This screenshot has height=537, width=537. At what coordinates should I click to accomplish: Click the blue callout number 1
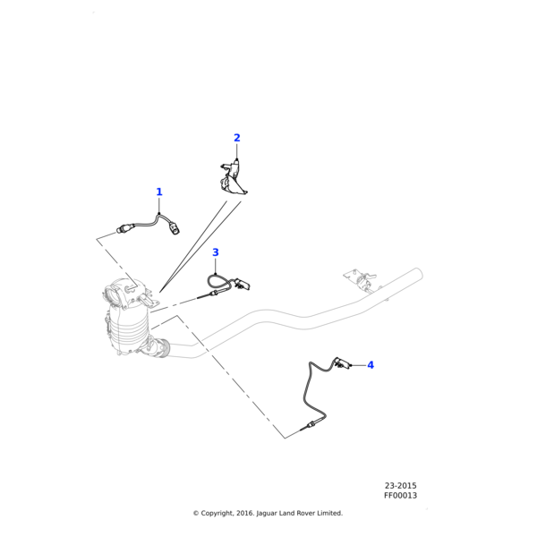click(159, 192)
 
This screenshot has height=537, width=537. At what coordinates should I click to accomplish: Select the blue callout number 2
click(237, 138)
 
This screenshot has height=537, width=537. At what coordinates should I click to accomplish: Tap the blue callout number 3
click(216, 253)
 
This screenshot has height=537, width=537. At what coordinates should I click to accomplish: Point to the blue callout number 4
click(371, 365)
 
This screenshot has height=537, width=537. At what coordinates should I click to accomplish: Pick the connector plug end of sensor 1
click(175, 230)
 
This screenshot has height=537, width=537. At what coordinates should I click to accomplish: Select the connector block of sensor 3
click(243, 286)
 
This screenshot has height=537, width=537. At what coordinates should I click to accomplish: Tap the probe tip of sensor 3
click(204, 296)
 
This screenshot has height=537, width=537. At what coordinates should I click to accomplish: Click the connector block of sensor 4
click(341, 362)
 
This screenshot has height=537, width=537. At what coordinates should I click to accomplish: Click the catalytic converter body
click(131, 327)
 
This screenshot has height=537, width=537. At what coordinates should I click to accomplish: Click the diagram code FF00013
click(400, 495)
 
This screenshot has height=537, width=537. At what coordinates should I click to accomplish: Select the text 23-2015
click(400, 485)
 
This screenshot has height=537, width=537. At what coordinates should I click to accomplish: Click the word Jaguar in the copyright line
click(268, 514)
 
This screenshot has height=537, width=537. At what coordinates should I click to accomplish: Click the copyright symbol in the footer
click(196, 514)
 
